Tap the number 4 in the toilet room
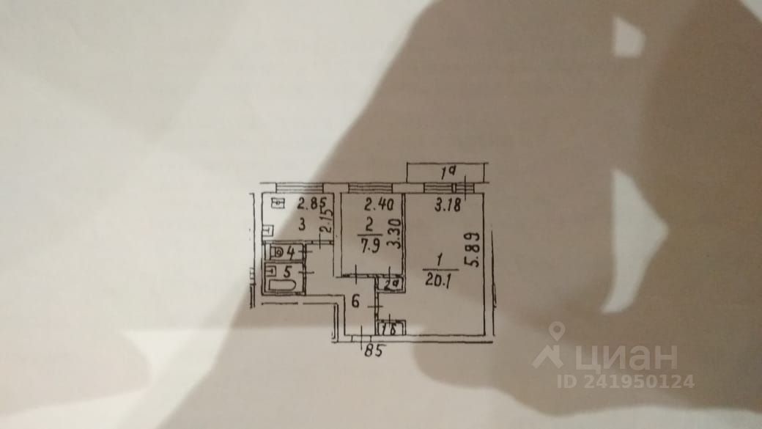pyautogui.click(x=292, y=253)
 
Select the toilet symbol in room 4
pyautogui.click(x=275, y=253)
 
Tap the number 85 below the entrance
pyautogui.click(x=374, y=351)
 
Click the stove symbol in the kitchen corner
pyautogui.click(x=275, y=204)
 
